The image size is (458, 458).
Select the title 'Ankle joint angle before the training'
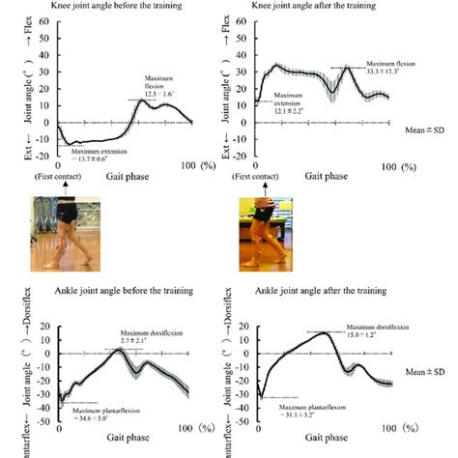click(121, 291)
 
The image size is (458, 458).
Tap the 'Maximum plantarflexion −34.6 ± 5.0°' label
click(105, 417)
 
